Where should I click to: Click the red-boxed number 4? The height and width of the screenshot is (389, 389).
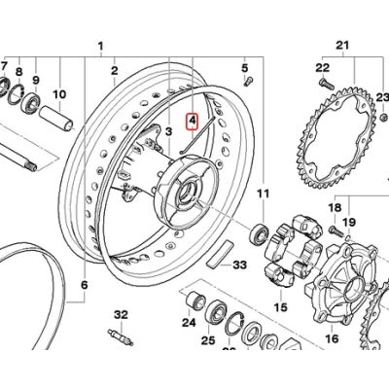point(193,122)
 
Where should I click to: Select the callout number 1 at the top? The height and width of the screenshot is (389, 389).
point(101,46)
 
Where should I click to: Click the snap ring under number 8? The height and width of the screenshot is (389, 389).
point(16,93)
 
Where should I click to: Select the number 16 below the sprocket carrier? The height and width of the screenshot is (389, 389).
point(331,339)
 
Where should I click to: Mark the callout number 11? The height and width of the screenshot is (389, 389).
point(262,196)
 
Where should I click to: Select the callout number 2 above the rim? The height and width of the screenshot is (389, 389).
point(114,70)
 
